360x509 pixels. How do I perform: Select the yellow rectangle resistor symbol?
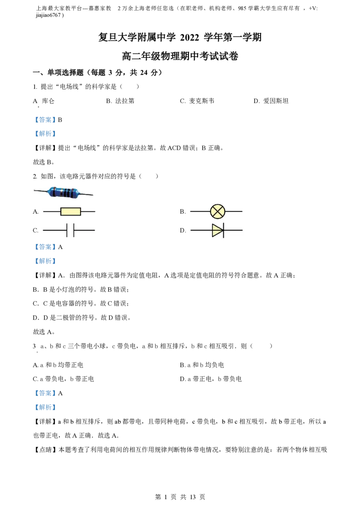pos(71,212)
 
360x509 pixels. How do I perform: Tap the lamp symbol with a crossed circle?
pos(217,212)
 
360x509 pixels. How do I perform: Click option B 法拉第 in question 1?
pos(120,101)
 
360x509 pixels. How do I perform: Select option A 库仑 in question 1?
pos(44,101)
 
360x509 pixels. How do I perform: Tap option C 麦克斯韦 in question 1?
pos(197,101)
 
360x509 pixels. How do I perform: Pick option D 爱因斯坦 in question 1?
pos(271,101)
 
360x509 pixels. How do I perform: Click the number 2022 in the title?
pos(189,38)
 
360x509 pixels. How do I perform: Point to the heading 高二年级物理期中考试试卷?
pos(180,56)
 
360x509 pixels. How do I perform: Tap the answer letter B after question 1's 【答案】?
pos(60,120)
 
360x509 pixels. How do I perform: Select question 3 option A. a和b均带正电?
pos(58,365)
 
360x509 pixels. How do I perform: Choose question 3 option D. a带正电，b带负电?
pos(211,379)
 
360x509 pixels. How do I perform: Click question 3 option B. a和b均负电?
pos(202,365)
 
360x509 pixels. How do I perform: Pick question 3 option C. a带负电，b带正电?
pos(63,379)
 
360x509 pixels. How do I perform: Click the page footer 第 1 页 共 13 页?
pos(180,497)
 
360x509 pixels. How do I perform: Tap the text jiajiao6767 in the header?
pos(49,15)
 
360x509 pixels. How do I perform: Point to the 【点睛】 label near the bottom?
pos(46,450)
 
